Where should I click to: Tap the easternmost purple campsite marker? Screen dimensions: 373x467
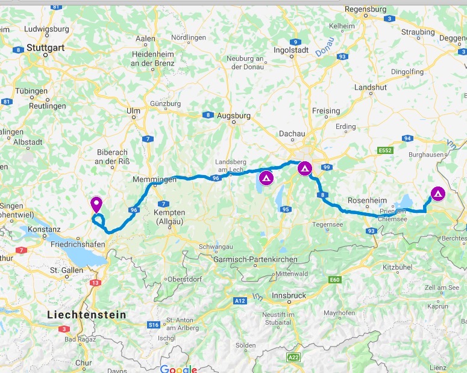[437, 194]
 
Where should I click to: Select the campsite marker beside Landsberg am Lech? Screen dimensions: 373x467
[266, 178]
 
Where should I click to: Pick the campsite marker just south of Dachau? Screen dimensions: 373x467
[305, 168]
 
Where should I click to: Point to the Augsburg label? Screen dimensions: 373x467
[233, 115]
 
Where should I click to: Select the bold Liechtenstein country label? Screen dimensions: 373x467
[87, 315]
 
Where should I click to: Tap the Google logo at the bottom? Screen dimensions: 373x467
[178, 368]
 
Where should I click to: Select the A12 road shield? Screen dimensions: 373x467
[240, 299]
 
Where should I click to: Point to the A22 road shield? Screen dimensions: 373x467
[293, 357]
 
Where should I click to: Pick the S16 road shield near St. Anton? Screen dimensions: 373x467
[153, 325]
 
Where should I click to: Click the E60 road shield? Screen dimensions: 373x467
[334, 280]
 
